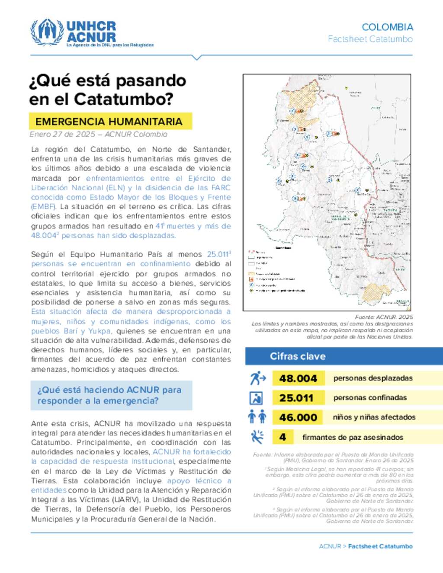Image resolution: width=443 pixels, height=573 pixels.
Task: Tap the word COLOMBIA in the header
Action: click(387, 27)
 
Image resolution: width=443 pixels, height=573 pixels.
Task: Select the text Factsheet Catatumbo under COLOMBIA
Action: click(370, 39)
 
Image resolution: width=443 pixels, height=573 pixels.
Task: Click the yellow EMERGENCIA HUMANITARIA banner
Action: click(110, 122)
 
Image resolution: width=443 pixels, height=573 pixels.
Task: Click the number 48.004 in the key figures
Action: click(298, 378)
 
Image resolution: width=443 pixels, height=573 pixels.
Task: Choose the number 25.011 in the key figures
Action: click(296, 398)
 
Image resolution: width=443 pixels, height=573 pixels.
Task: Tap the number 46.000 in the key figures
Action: click(298, 417)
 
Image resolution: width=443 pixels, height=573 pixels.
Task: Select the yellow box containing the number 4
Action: click(282, 437)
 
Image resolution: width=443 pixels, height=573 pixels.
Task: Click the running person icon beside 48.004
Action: click(257, 378)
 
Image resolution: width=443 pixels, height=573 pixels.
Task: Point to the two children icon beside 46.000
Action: click(257, 417)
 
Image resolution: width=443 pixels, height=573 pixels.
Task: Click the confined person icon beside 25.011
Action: click(257, 398)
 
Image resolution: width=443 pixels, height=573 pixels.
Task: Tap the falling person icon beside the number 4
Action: click(257, 437)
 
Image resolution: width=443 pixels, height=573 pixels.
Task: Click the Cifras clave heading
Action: click(298, 356)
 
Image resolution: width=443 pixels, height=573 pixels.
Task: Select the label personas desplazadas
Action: click(373, 378)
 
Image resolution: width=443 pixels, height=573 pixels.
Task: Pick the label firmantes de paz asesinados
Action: click(353, 437)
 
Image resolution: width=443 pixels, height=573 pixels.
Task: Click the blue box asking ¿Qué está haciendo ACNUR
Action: click(111, 395)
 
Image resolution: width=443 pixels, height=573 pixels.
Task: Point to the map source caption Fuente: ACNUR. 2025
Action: click(384, 317)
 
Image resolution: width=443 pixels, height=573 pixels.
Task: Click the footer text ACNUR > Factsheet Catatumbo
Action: click(366, 546)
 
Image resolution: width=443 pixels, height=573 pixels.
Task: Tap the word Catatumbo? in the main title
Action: click(124, 99)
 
